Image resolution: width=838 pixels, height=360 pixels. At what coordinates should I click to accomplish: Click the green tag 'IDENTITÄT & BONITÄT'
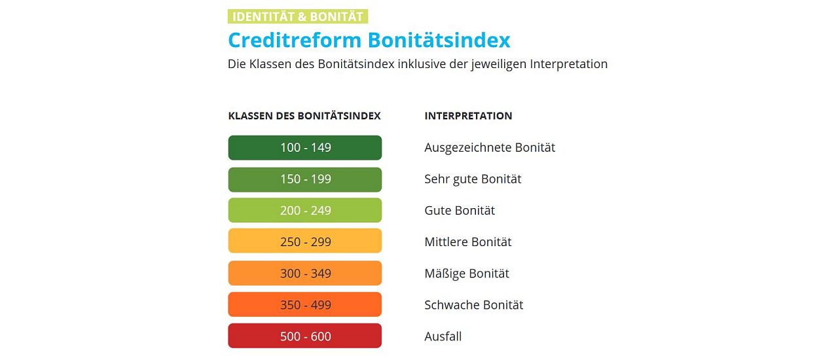[x=298, y=16]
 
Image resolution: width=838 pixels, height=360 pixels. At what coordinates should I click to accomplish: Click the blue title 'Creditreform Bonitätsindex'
[x=369, y=40]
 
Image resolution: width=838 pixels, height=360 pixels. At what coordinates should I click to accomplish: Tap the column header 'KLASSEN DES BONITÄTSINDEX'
[x=304, y=116]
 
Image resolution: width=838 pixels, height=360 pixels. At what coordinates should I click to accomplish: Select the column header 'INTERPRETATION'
[x=468, y=116]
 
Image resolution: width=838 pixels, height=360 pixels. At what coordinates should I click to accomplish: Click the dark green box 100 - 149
[x=305, y=148]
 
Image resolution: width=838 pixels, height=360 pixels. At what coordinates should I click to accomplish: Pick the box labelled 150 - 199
[x=305, y=179]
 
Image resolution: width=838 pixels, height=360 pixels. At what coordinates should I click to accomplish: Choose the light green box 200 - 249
[x=305, y=210]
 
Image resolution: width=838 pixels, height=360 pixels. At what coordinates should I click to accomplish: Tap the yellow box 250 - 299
[x=305, y=241]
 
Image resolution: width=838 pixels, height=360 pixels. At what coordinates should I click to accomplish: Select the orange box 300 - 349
[x=305, y=273]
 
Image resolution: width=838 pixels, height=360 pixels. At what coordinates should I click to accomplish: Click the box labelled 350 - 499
[x=305, y=304]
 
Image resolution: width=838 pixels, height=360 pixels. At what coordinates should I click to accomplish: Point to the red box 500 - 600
[x=305, y=336]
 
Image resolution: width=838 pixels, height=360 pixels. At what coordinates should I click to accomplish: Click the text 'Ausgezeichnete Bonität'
[x=490, y=148]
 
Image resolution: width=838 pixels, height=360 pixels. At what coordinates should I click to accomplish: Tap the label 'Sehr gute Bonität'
[x=473, y=179]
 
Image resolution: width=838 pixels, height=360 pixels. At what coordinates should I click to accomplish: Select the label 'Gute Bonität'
[x=460, y=211]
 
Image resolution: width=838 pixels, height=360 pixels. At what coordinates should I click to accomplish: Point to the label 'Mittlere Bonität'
[x=467, y=242]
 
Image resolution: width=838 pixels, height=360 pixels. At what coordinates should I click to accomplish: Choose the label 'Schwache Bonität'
[x=473, y=305]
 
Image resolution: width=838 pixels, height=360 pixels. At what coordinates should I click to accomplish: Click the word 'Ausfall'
[x=443, y=336]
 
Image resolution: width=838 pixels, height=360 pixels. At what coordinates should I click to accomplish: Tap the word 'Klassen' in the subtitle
[x=270, y=64]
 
